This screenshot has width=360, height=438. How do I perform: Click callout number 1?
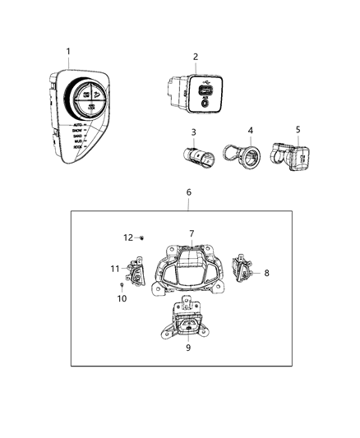[69, 51]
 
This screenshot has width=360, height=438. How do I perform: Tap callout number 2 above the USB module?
[195, 57]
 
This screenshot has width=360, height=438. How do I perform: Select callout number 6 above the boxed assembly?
[188, 192]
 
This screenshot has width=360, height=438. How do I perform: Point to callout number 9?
[189, 347]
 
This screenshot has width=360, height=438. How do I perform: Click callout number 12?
[128, 237]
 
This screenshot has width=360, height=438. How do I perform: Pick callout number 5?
[298, 130]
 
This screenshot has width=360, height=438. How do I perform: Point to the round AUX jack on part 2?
[203, 103]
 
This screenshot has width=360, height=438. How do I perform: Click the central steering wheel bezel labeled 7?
[191, 267]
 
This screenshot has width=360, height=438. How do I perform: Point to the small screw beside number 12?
[142, 237]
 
